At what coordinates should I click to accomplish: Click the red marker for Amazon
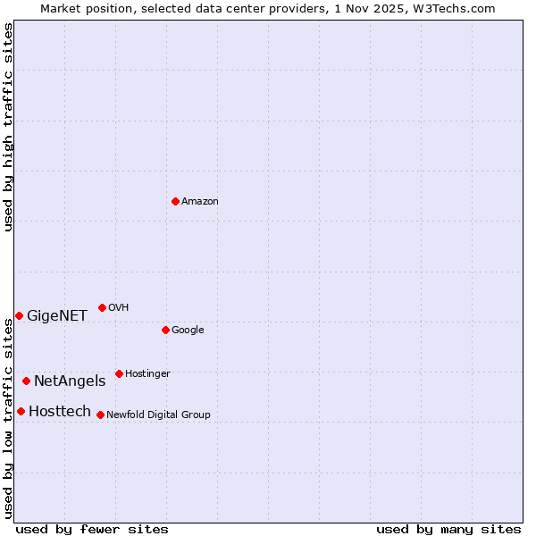175,201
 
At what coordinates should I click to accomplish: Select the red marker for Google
165,330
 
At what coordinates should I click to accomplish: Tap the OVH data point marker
102,307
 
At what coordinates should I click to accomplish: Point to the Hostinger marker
119,373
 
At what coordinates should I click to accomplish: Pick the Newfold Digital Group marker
100,415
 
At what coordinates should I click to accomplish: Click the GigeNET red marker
19,315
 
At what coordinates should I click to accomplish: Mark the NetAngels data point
26,381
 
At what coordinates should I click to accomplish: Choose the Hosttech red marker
21,411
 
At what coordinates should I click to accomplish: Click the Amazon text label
200,202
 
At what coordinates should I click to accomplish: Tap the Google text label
188,331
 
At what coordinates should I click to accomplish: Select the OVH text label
119,308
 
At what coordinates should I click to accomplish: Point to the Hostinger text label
147,374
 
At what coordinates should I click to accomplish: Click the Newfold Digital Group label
158,415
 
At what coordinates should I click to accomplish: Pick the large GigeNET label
57,316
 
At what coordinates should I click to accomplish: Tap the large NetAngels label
70,381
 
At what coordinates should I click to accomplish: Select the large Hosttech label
60,412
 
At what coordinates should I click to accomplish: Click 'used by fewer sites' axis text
92,530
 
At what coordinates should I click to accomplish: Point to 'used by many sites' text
448,530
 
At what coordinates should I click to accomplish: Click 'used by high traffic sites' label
8,127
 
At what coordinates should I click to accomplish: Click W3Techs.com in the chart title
457,8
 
